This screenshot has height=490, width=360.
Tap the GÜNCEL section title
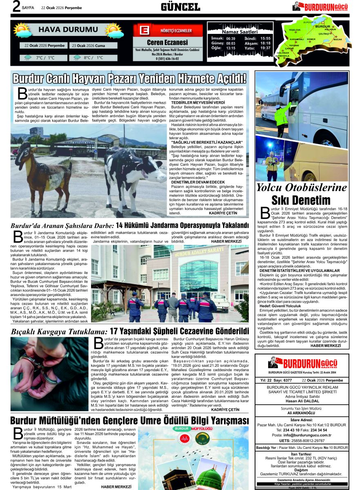pyautogui.click(x=180, y=7)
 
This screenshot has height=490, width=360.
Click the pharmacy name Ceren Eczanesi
pyautogui.click(x=168, y=42)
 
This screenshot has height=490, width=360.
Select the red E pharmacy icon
pyautogui.click(x=144, y=31)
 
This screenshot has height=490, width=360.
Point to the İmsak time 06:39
pyautogui.click(x=230, y=38)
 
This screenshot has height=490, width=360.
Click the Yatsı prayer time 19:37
pyautogui.click(x=265, y=48)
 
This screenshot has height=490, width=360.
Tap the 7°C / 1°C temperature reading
pyautogui.click(x=45, y=58)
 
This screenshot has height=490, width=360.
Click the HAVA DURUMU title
pyautogui.click(x=63, y=29)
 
